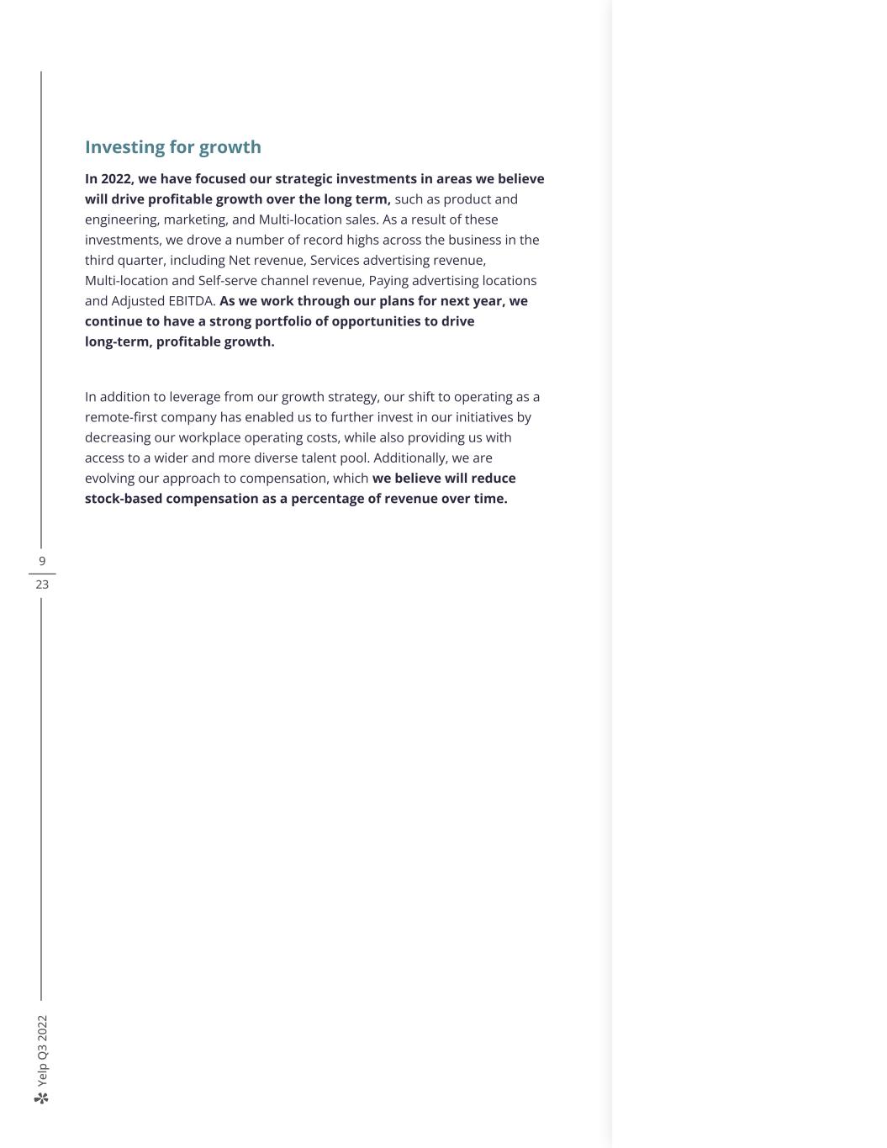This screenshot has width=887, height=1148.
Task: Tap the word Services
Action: point(335,261)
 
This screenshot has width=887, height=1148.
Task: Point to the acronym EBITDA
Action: point(193,301)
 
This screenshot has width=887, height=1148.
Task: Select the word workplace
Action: point(198,437)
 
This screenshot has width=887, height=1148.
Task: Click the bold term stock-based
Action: point(124,499)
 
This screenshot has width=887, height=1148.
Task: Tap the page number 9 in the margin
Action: point(42,561)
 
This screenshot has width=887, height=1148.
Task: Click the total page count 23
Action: point(42,585)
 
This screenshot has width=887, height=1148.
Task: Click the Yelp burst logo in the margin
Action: point(42,1098)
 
